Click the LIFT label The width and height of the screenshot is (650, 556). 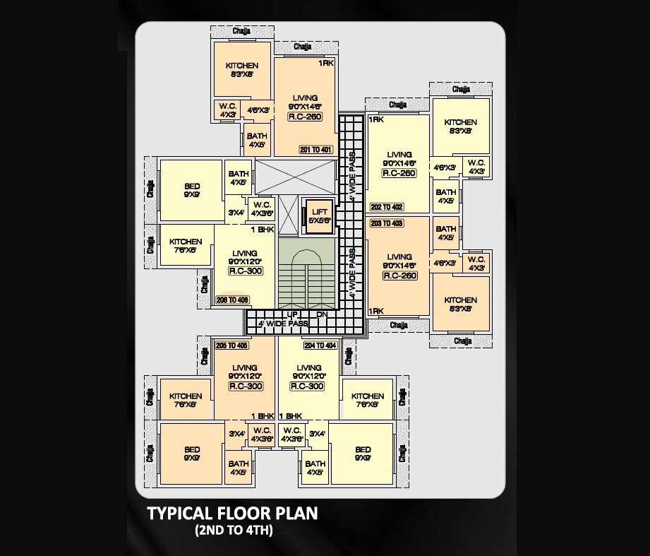320,211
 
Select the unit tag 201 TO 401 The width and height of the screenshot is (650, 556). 316,150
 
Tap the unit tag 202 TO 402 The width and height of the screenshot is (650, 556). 387,207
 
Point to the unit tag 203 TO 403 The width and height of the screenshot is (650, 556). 387,223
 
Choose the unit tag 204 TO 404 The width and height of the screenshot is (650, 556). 320,345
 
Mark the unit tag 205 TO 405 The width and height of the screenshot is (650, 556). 231,345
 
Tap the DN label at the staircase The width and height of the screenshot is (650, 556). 322,314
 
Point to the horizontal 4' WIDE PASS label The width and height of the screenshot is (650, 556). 283,324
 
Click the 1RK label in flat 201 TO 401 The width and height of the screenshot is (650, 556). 325,64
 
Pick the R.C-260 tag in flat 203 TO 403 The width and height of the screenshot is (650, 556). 399,276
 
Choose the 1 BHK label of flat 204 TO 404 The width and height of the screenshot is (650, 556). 291,416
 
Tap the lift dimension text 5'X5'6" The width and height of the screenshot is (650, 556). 320,220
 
